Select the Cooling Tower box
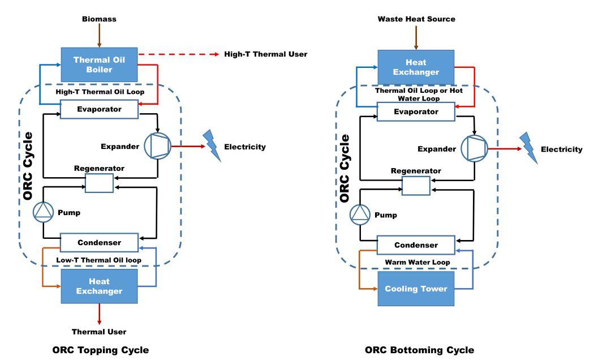(416, 289)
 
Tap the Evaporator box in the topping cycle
(99, 109)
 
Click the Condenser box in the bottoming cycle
(416, 245)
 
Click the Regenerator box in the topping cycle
(99, 183)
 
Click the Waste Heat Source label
(416, 19)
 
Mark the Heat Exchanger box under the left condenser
(99, 286)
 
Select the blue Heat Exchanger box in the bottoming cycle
(416, 67)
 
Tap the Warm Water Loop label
(416, 262)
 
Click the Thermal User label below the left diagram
(99, 331)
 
